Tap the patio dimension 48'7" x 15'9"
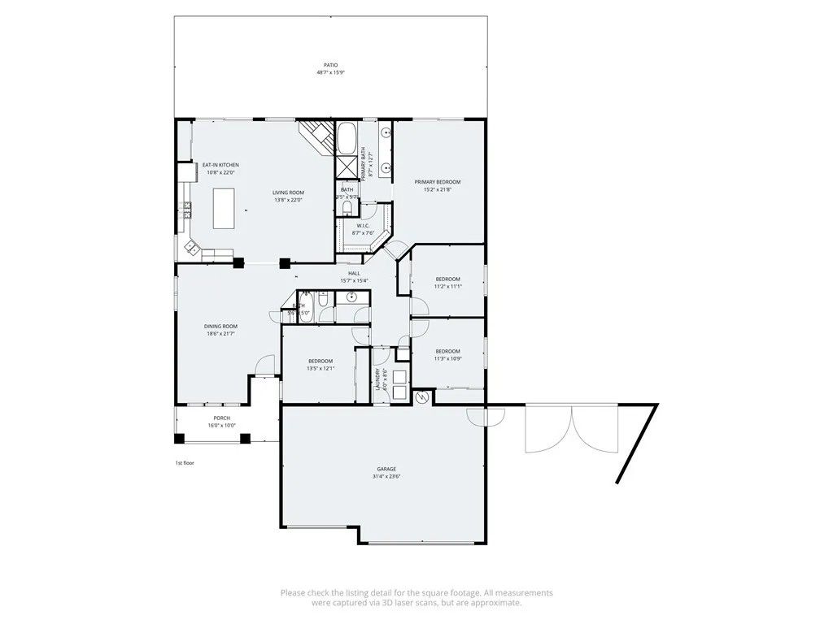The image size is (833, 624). [x=330, y=72]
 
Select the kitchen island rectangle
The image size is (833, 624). [x=224, y=208]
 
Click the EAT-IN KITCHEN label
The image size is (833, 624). [x=220, y=165]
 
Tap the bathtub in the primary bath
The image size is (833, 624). [x=346, y=139]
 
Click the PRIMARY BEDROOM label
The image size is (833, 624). [x=438, y=181]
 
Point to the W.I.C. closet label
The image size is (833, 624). [x=363, y=226]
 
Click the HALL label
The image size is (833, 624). [x=354, y=273]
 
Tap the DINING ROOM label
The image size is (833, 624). [x=220, y=326]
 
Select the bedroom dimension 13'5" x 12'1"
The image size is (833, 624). [x=321, y=368]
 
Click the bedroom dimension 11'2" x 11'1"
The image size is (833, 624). [x=447, y=286]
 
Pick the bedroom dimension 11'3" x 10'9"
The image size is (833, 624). [x=447, y=358]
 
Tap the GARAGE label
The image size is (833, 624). [x=386, y=469]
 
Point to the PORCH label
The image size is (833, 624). [x=221, y=418]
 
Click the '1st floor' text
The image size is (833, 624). [x=185, y=462]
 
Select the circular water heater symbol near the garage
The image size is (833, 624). [x=421, y=397]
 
